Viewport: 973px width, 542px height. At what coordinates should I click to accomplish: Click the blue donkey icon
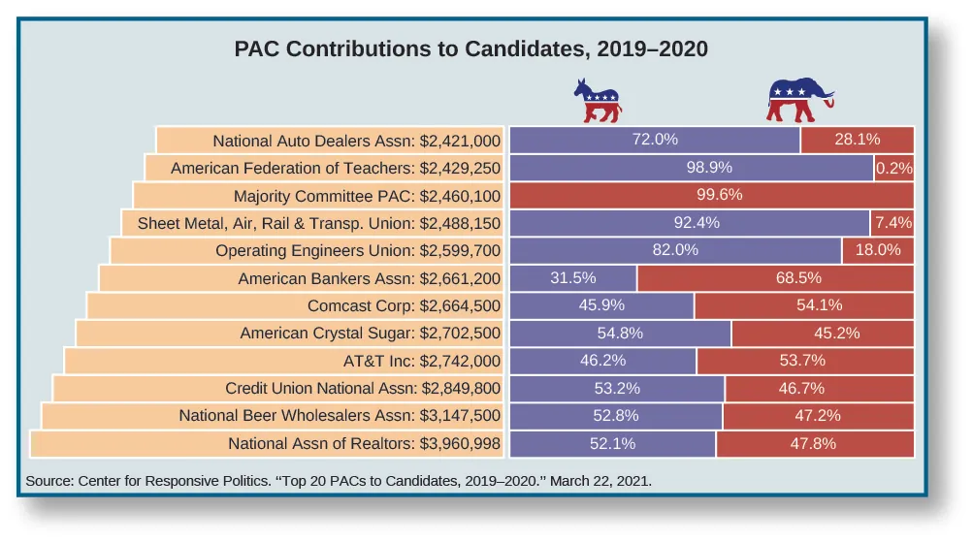pos(597,102)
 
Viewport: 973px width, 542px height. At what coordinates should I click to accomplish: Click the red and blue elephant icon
pos(799,100)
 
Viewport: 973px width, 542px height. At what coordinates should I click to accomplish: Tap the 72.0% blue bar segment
pos(655,140)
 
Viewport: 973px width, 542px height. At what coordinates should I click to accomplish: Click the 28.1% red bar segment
pos(858,140)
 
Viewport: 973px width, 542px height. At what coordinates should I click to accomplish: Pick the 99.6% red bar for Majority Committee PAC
pos(712,195)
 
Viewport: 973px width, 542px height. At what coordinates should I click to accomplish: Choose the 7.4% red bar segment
pos(892,223)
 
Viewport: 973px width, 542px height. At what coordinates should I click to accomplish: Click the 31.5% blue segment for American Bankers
pos(573,278)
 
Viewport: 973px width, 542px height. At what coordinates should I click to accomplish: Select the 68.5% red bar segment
pos(776,278)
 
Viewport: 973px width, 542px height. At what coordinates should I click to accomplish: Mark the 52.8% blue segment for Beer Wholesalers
pos(616,416)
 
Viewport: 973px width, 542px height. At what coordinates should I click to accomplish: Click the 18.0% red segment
pos(878,250)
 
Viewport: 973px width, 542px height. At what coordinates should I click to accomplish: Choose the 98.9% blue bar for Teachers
pos(692,168)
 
